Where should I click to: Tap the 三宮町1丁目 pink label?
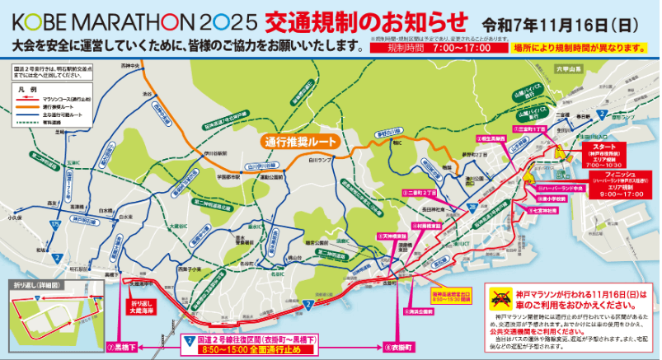pos(532,129)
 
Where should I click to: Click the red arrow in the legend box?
pos(24,98)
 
